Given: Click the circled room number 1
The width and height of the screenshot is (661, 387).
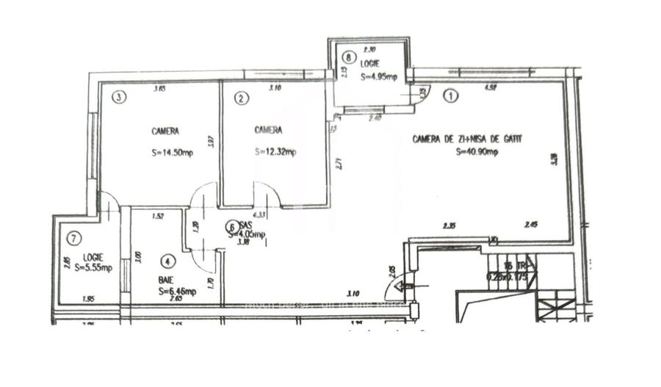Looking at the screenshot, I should coord(450,95).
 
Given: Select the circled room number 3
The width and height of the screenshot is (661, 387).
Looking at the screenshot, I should coord(117,96).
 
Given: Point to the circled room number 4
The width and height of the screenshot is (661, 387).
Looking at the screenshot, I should coord(169,261).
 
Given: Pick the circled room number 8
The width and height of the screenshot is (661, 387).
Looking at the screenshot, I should coord(349,56).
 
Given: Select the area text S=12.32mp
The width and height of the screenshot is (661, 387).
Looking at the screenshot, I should coord(275,153).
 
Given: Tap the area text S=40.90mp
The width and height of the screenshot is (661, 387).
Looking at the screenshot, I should coord(477,152).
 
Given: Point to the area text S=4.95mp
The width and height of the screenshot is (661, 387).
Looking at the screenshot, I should coord(379,75).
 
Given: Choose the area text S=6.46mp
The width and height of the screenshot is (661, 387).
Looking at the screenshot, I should coord(176,292).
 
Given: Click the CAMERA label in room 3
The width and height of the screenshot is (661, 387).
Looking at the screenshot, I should coord(165,131).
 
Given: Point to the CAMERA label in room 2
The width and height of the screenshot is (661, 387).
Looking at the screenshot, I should coord(268,131).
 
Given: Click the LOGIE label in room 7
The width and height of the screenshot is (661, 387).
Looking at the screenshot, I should coord(93,257).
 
